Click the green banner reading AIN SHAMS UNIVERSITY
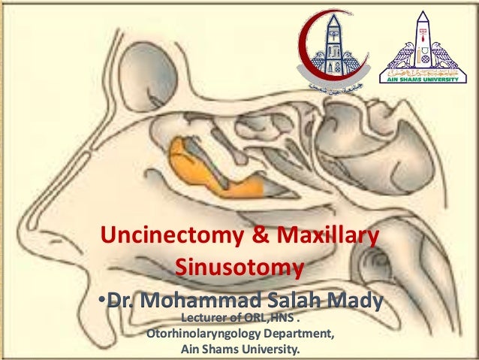coord(425,77)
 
